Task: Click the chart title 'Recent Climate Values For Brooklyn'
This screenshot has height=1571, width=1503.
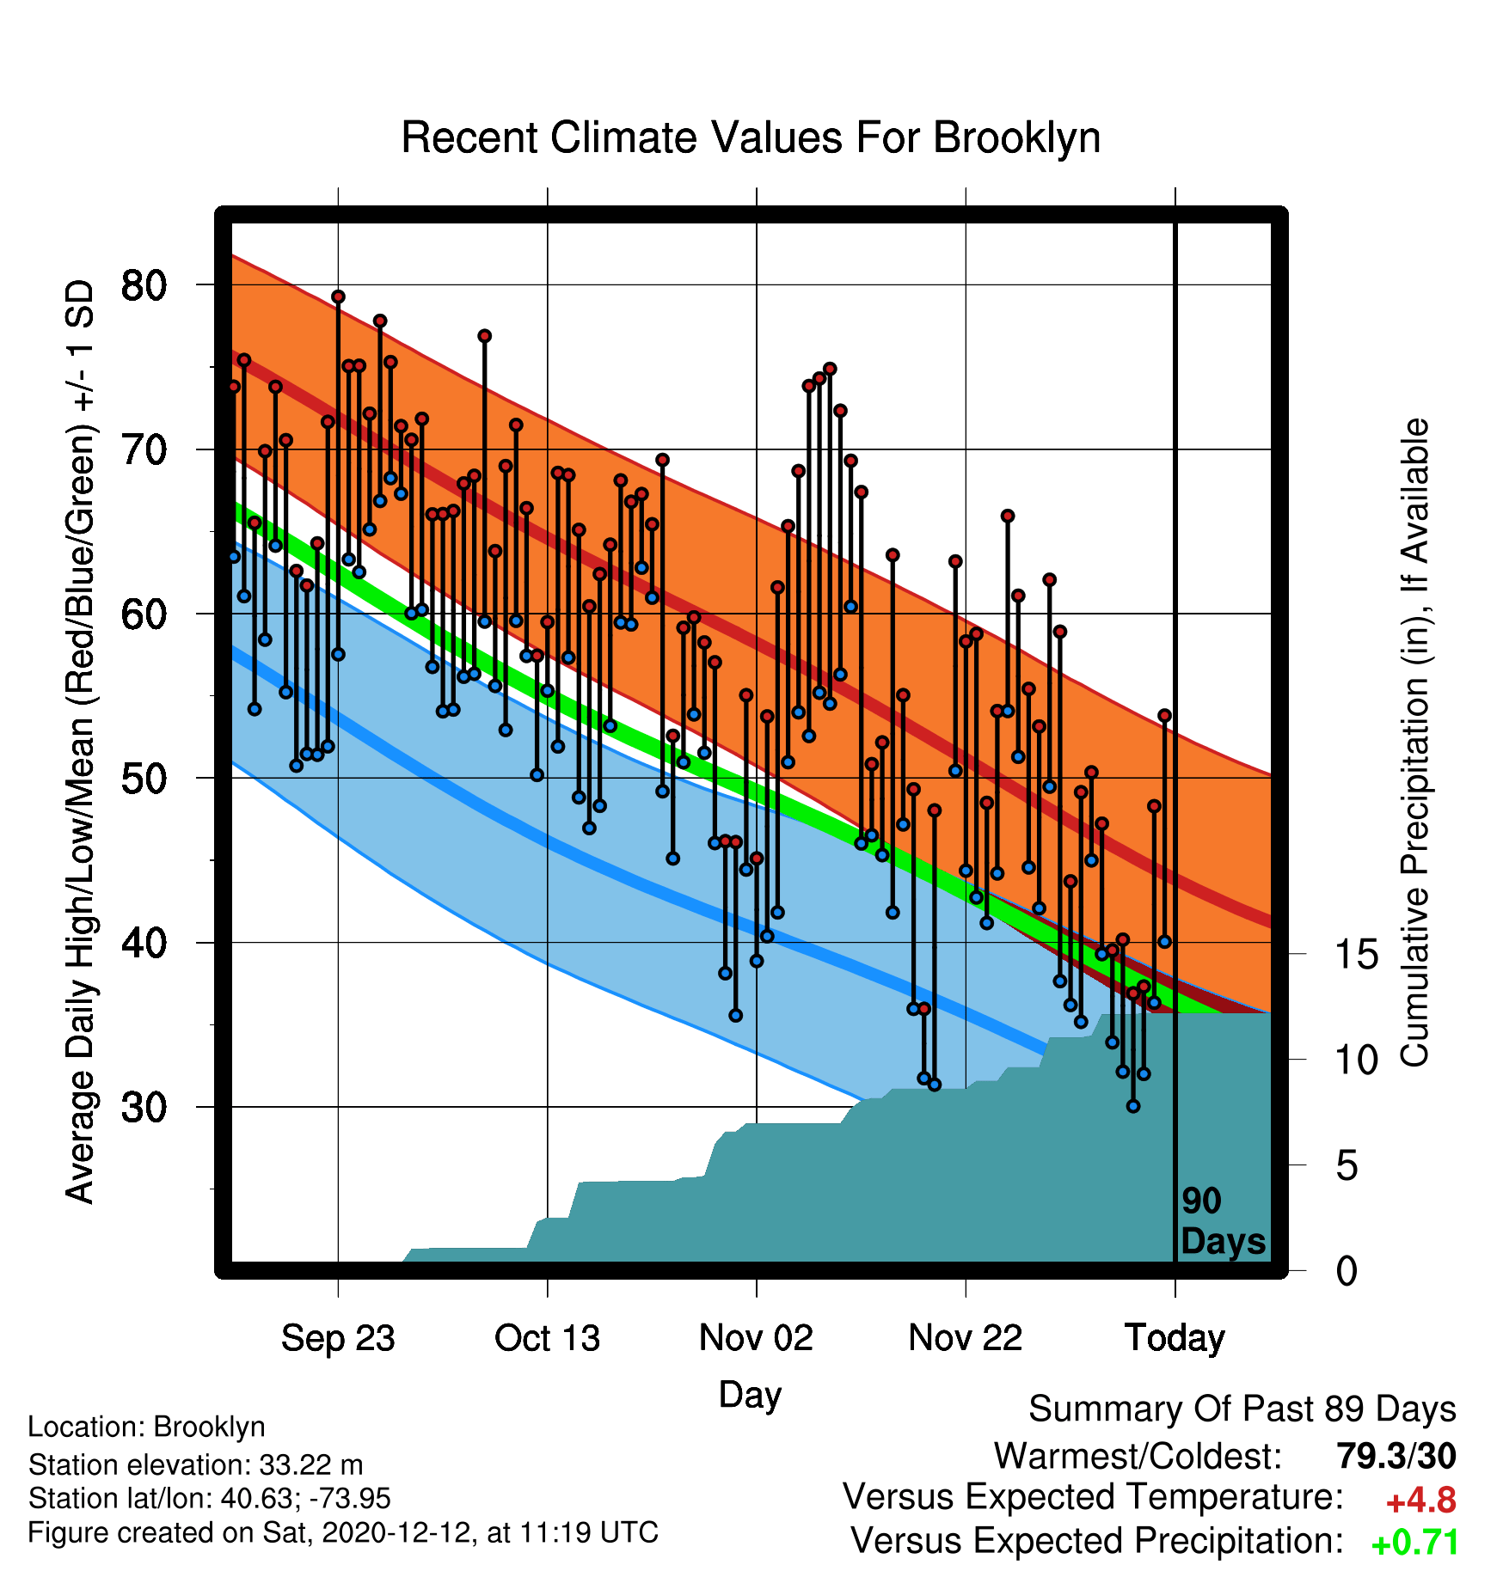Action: [751, 138]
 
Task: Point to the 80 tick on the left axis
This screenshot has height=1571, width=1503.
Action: [144, 284]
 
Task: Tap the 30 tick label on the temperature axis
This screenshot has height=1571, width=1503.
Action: [144, 1107]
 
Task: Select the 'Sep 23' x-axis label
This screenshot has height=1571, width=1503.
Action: [338, 1338]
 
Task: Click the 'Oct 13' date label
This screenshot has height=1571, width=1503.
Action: [547, 1338]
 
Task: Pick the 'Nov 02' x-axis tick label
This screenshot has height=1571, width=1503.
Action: [756, 1338]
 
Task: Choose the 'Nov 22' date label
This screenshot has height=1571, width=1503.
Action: [966, 1338]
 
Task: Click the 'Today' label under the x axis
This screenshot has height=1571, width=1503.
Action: [1175, 1338]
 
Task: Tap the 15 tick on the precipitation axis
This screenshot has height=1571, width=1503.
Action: [1356, 954]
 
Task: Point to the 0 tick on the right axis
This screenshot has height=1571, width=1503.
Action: [1347, 1270]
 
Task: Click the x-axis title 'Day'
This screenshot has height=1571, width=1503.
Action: [750, 1395]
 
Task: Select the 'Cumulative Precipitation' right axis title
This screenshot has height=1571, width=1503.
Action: [1414, 743]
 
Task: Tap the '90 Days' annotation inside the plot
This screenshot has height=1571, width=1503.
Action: [1223, 1222]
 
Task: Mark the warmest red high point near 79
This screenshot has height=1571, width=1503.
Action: [338, 296]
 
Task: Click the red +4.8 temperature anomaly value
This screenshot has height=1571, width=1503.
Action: [1420, 1501]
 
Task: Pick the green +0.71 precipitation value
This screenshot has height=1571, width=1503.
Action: [1414, 1543]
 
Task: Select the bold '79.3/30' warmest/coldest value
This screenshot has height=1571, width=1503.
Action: [1396, 1456]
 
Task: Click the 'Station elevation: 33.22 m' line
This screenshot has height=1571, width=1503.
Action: [195, 1464]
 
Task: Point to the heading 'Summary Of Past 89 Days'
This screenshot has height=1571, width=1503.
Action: [1242, 1409]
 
